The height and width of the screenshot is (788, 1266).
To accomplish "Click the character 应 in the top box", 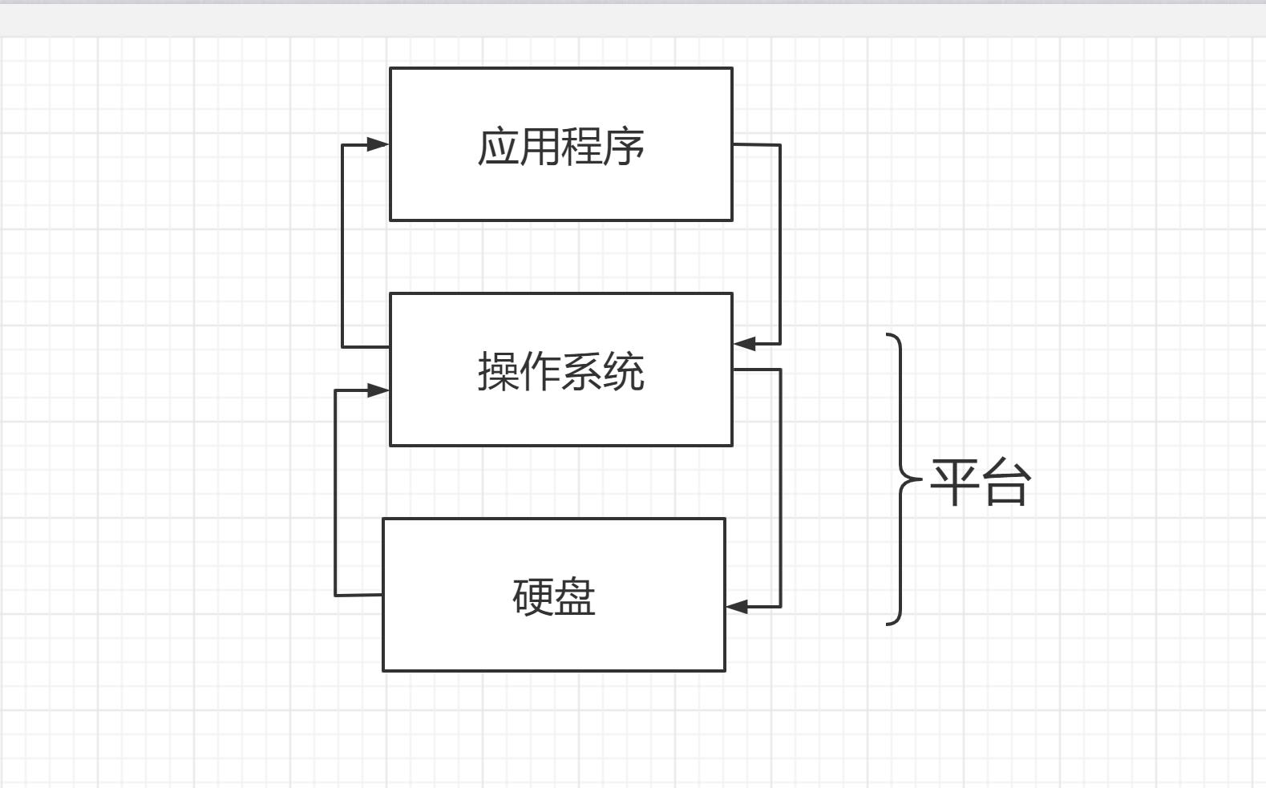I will (x=498, y=147).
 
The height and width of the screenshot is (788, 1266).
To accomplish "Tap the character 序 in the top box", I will (x=624, y=147).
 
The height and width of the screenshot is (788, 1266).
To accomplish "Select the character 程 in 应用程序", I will (x=582, y=147).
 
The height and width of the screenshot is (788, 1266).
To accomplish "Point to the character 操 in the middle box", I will (x=498, y=372).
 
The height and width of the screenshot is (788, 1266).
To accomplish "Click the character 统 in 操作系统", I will (x=624, y=372).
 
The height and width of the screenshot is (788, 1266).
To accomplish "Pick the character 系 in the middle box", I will (x=582, y=372).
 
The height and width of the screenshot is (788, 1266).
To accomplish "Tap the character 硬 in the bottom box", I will (x=533, y=597).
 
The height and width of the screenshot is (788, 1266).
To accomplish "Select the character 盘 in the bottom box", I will (x=575, y=597).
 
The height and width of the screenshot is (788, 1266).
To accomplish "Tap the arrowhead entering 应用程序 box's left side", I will (x=378, y=144).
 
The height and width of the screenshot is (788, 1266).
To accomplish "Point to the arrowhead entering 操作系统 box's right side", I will (x=744, y=344).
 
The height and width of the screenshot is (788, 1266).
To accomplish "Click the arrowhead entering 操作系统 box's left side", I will (x=378, y=390).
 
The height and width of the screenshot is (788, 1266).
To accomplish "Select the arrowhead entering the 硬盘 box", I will (x=737, y=607).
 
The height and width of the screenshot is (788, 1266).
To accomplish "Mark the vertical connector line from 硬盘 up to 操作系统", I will (x=335, y=493).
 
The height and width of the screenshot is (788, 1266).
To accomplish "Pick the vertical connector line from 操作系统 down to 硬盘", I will (x=781, y=489).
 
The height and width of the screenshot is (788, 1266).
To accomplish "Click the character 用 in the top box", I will (x=540, y=147).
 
